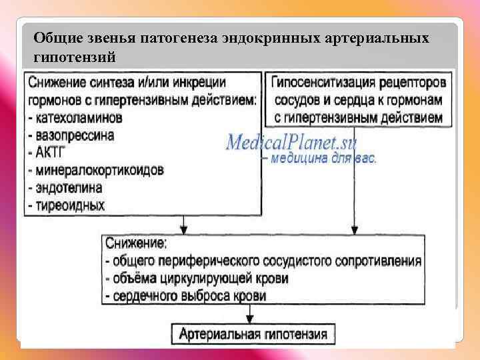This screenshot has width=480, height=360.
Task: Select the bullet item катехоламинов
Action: click(x=78, y=118)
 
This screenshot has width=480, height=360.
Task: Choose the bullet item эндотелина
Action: click(x=69, y=187)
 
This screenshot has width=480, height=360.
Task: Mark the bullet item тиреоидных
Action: click(x=70, y=204)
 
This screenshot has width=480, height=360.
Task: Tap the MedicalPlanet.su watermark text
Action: click(x=291, y=142)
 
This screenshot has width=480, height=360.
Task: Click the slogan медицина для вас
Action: click(x=323, y=159)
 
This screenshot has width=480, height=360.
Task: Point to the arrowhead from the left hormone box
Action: click(x=184, y=230)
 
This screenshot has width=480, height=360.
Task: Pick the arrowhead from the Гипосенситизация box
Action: click(x=354, y=230)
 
